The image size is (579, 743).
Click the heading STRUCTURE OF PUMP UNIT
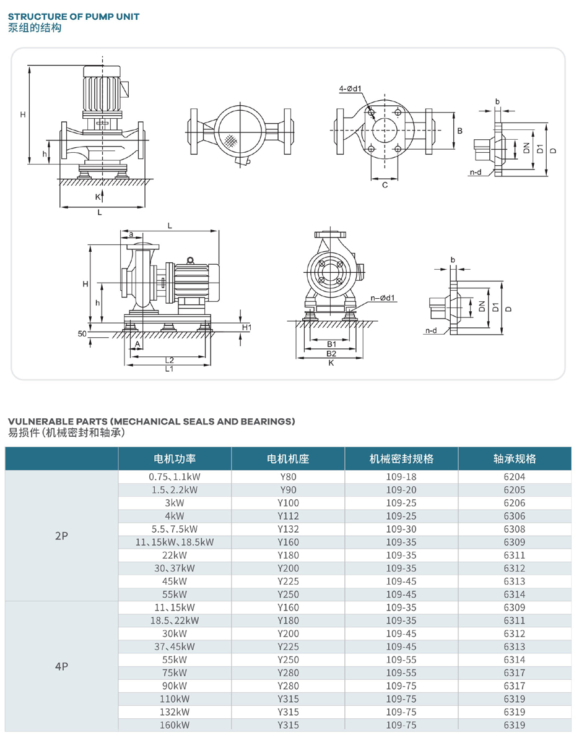74,17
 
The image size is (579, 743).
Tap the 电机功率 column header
175,458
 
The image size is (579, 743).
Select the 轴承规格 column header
515,458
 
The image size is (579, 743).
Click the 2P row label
61,536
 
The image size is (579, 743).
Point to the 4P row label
61,666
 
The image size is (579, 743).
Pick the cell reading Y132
287,529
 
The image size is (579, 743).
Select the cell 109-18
401,477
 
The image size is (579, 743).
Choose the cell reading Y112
287,516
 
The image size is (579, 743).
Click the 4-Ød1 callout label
350,89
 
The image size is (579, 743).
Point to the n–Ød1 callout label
383,298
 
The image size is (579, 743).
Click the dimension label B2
331,353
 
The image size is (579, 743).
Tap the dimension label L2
169,359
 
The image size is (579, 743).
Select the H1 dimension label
246,327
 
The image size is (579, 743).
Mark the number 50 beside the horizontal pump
82,333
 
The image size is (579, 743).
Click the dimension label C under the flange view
385,186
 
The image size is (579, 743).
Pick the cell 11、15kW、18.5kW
175,542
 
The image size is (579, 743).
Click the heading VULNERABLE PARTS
151,421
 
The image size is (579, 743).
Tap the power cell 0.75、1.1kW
175,477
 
